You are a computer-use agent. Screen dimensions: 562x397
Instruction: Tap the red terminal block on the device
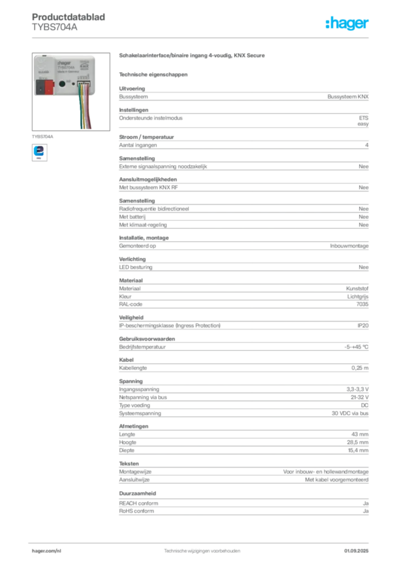point(48,86)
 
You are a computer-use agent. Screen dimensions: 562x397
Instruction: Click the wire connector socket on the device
point(83,83)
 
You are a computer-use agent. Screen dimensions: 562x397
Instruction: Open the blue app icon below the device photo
point(38,151)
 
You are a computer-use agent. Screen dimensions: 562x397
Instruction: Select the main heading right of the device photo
point(192,57)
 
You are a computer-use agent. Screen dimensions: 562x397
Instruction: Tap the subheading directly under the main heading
point(154,74)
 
